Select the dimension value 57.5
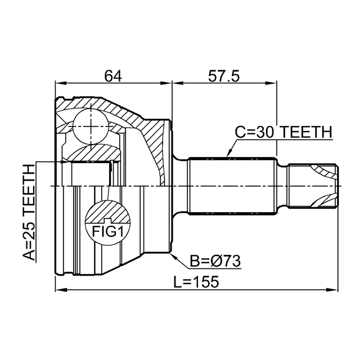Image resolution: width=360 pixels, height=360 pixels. [224, 75]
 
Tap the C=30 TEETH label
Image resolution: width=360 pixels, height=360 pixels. [283, 132]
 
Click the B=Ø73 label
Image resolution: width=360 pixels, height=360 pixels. [215, 261]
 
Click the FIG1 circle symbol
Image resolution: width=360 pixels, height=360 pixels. [106, 224]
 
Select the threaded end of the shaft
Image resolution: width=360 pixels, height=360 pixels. [313, 186]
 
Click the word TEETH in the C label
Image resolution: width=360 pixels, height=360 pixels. [307, 132]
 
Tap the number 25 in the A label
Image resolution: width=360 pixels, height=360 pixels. [29, 231]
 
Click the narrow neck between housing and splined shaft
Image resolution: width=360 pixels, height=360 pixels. [179, 186]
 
